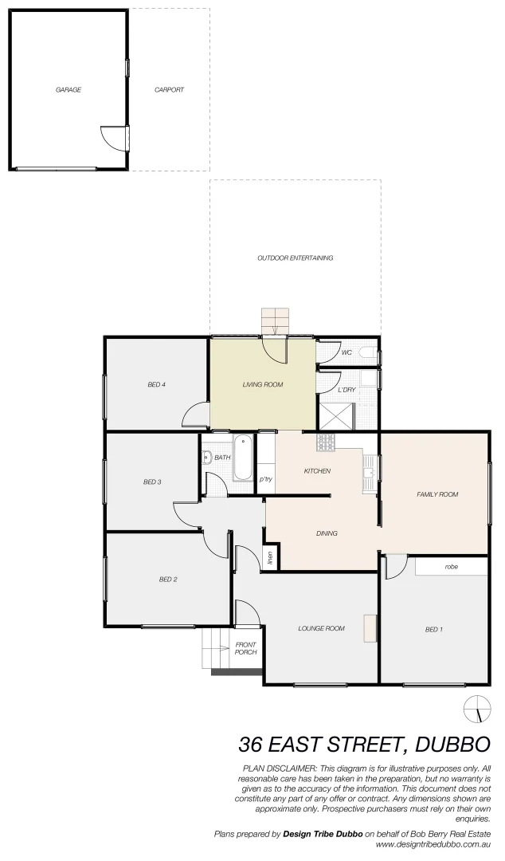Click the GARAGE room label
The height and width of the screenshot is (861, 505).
coord(68,90)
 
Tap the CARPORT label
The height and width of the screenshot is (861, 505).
coord(169,90)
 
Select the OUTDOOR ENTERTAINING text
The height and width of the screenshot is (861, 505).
coord(295,258)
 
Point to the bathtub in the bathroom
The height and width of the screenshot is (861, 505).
coord(242,458)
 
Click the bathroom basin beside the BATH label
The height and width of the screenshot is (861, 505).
coord(206,458)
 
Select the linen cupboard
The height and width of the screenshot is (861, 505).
coord(270,558)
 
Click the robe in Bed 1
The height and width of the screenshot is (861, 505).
coord(451,567)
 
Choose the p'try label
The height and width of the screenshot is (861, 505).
coord(266,479)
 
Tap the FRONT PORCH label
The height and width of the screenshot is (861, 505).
coord(246,648)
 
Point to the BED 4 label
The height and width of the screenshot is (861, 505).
coord(156,385)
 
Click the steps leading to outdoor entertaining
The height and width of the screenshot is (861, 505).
coord(276,321)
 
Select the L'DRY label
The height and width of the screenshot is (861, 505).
coord(346,390)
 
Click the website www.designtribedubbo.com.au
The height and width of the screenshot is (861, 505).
coord(433,843)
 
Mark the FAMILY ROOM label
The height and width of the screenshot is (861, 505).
coord(437,494)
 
